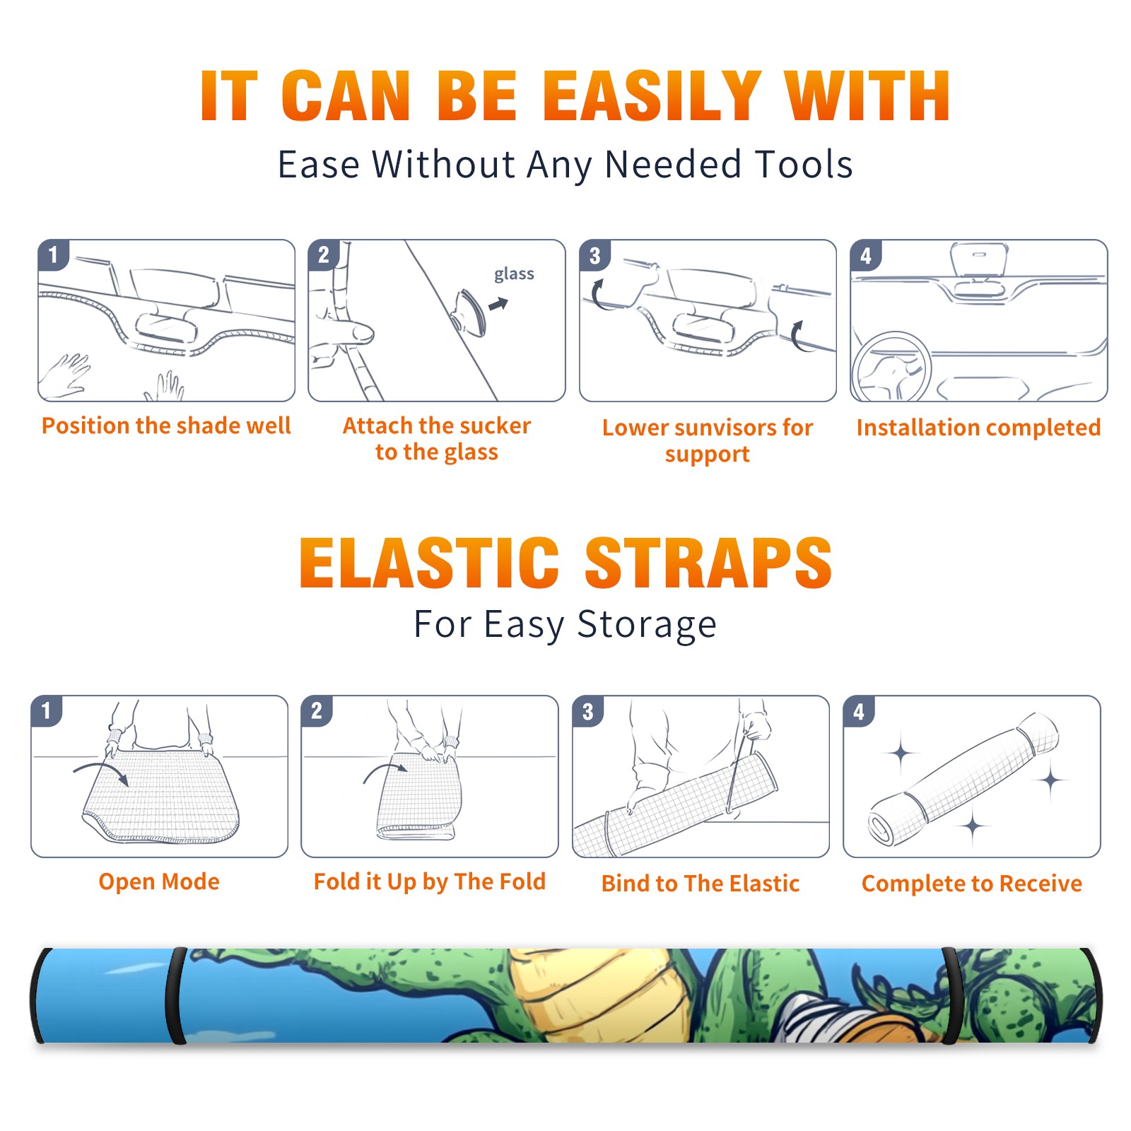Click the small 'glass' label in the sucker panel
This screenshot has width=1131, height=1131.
[514, 274]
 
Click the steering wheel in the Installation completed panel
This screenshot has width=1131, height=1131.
[891, 368]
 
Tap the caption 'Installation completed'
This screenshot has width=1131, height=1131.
[978, 428]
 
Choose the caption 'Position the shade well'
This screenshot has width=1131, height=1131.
[166, 426]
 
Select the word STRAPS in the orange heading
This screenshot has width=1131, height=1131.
[708, 563]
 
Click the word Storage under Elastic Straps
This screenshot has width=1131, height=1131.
[647, 626]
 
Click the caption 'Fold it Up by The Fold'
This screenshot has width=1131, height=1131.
[430, 882]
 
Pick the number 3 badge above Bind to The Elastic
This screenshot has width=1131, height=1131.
[588, 711]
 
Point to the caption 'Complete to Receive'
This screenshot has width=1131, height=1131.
[972, 884]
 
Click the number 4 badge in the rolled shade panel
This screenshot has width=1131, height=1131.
[859, 711]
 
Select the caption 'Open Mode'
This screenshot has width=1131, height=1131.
[159, 882]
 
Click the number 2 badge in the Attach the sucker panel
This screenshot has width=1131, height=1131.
[324, 254]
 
